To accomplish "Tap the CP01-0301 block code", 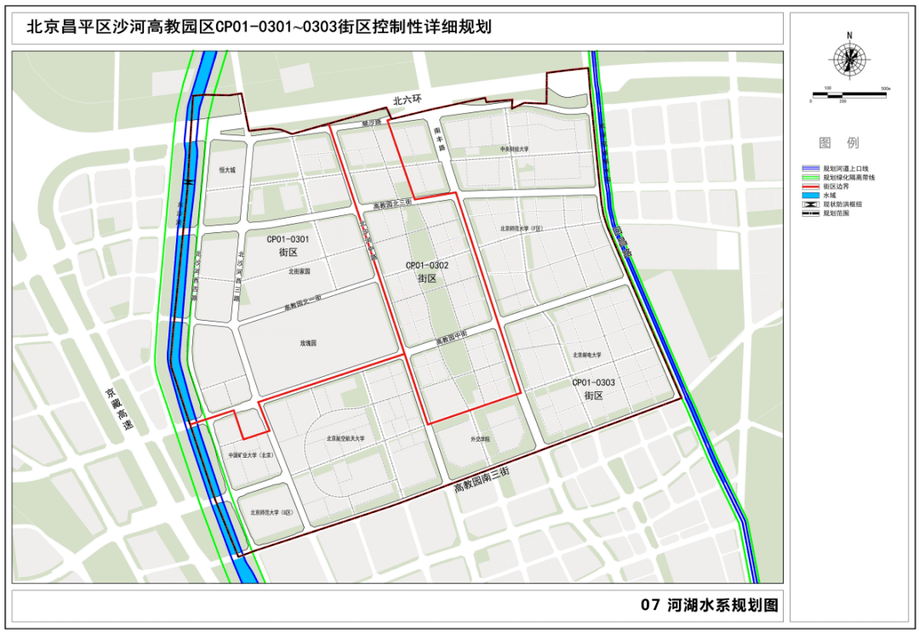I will click(x=287, y=240).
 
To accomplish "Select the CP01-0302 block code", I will click(x=426, y=265).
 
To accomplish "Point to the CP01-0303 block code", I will click(x=593, y=383).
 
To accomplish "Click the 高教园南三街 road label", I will click(x=482, y=480).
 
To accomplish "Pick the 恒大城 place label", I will click(x=226, y=169).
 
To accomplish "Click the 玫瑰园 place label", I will click(x=307, y=343).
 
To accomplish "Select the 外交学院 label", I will click(x=482, y=439).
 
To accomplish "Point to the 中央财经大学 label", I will click(x=515, y=150).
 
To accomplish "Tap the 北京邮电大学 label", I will click(x=586, y=355).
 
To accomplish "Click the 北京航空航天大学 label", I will click(x=345, y=439).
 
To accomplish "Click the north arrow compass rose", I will click(x=849, y=60).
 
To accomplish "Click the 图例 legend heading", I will click(x=838, y=142).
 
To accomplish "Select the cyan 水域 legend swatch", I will click(x=810, y=195).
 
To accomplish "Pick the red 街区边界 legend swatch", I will click(x=810, y=185).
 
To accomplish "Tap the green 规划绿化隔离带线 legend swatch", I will click(x=810, y=177).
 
